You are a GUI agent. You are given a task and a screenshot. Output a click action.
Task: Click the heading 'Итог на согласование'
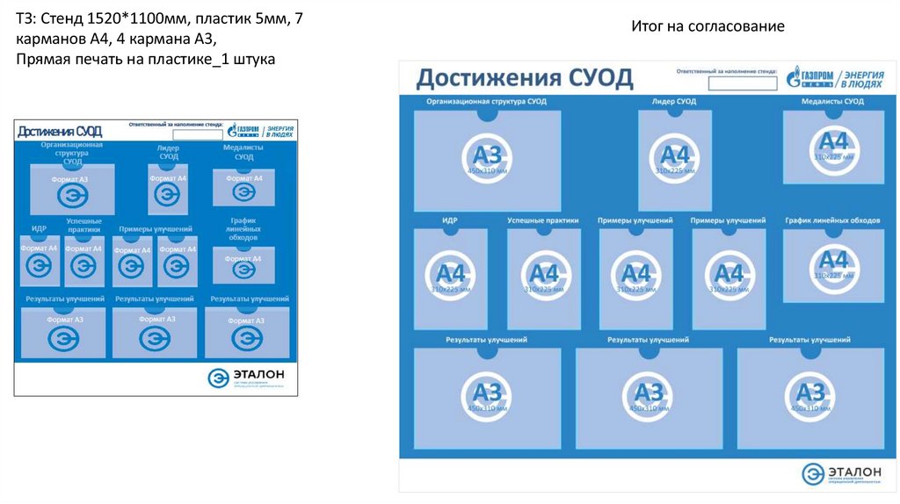tap(708, 26)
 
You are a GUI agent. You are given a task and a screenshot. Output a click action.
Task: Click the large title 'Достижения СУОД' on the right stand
tap(524, 78)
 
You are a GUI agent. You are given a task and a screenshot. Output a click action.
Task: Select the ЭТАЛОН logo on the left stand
tap(247, 378)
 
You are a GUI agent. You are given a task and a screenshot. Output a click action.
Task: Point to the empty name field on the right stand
tap(742, 83)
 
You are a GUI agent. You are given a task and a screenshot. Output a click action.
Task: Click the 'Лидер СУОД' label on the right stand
tap(674, 102)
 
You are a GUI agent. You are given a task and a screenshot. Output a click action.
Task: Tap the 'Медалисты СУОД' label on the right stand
tap(832, 102)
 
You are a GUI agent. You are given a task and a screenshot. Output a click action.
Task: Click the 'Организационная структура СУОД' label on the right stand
tap(486, 102)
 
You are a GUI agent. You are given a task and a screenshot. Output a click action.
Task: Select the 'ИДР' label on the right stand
tap(449, 220)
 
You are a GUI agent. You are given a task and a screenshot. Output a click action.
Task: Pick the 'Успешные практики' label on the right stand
tap(543, 220)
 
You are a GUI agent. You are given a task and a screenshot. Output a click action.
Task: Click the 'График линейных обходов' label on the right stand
tap(832, 220)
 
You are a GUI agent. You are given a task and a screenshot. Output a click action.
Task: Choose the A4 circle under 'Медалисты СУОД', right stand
tap(832, 146)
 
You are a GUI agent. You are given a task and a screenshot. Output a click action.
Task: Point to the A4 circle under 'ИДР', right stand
tap(449, 277)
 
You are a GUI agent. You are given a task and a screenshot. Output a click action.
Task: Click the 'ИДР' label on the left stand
tap(39, 228)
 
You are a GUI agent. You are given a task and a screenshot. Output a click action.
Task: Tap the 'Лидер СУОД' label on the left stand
tap(168, 152)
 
